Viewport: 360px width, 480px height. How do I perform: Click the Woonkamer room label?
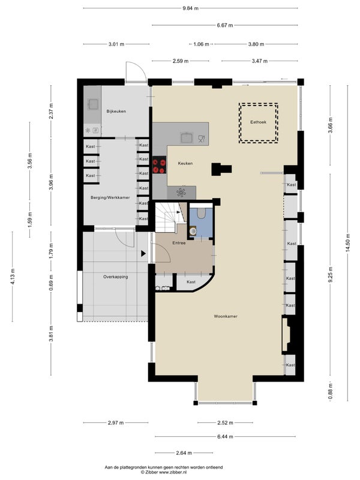point(226,316)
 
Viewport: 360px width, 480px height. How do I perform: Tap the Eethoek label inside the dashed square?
point(258,122)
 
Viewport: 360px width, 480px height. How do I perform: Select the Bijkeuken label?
point(116,111)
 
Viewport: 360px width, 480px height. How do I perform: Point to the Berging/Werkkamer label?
point(110,197)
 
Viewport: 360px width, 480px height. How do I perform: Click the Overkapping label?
point(115,277)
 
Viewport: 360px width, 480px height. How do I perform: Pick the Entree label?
point(179,243)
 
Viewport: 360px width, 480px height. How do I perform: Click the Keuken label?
point(185,163)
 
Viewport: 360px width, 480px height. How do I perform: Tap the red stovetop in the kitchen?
point(159,165)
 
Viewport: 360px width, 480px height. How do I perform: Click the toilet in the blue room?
point(201,213)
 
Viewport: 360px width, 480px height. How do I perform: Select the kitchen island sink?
point(187,138)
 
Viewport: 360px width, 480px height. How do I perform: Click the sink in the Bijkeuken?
point(92,104)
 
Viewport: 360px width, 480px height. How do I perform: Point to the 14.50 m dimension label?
point(347,243)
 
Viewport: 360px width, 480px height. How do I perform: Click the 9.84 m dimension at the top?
point(190,8)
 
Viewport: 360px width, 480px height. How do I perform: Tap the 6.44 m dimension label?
point(225,437)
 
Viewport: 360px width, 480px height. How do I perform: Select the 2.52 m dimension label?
point(225,423)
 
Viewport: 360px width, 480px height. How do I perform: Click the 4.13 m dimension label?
point(13,277)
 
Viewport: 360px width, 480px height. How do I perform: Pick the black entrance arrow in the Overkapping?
point(143,253)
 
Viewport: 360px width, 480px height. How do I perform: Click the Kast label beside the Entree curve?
point(191,282)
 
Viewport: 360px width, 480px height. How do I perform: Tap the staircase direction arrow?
point(179,212)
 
